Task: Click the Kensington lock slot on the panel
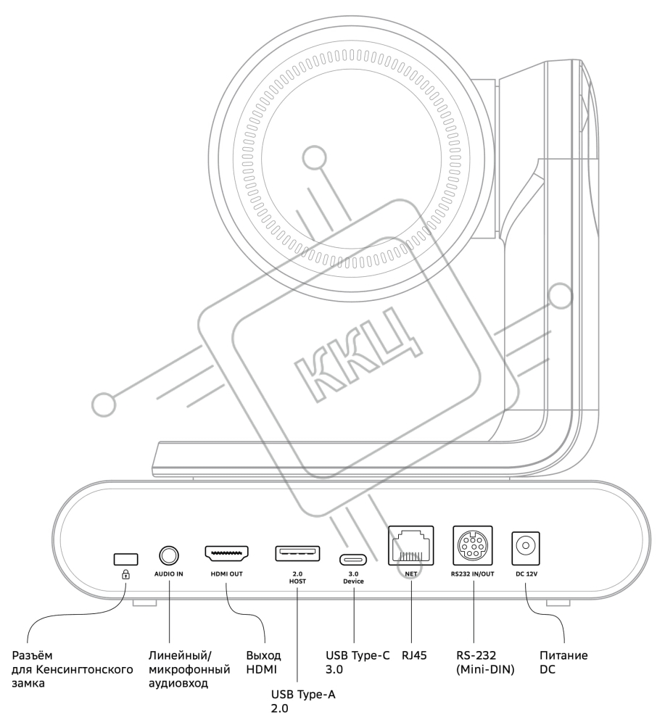pyautogui.click(x=125, y=558)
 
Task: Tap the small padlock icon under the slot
pyautogui.click(x=125, y=575)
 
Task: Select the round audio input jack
pyautogui.click(x=169, y=555)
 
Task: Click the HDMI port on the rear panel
pyautogui.click(x=226, y=552)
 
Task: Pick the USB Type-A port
pyautogui.click(x=297, y=553)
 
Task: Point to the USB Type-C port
pyautogui.click(x=353, y=560)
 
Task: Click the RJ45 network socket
pyautogui.click(x=410, y=545)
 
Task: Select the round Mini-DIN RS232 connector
pyautogui.click(x=473, y=545)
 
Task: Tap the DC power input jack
pyautogui.click(x=526, y=548)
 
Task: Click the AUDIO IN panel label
pyautogui.click(x=169, y=573)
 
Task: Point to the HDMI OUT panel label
pyautogui.click(x=226, y=573)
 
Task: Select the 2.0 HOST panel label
pyautogui.click(x=297, y=578)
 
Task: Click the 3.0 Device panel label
pyautogui.click(x=353, y=578)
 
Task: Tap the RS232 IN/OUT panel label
pyautogui.click(x=473, y=573)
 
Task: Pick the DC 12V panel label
pyautogui.click(x=526, y=573)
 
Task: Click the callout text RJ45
pyautogui.click(x=414, y=655)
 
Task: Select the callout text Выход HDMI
pyautogui.click(x=263, y=662)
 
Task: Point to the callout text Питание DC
pyautogui.click(x=563, y=662)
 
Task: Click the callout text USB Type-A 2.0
pyautogui.click(x=303, y=701)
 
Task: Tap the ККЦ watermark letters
pyautogui.click(x=358, y=355)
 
